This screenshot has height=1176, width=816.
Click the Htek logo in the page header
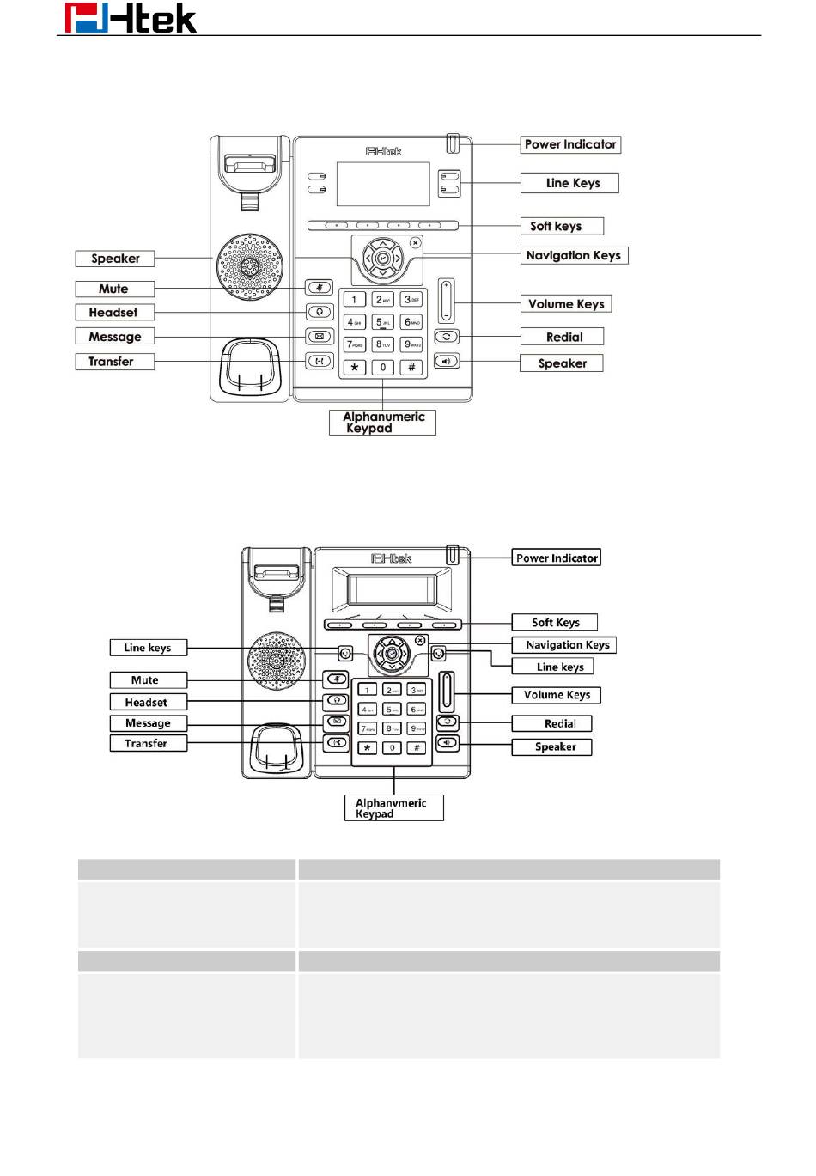tap(131, 18)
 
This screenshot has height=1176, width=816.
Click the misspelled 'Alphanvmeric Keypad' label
tap(393, 807)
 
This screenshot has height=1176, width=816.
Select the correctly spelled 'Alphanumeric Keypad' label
tap(382, 422)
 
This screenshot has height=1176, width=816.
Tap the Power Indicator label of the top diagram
tap(570, 144)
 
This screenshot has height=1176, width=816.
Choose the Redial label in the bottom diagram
tap(559, 723)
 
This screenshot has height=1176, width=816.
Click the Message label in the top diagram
tap(114, 337)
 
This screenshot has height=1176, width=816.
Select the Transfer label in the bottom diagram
tap(148, 743)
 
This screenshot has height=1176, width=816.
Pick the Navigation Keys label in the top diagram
tap(574, 255)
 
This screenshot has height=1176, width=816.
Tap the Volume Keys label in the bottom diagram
tap(557, 695)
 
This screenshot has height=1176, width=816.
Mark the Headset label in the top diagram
tap(113, 313)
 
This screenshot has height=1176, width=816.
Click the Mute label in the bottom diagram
tap(147, 679)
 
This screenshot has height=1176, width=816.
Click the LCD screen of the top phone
tap(382, 183)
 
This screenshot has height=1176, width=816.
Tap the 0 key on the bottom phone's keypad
tap(393, 748)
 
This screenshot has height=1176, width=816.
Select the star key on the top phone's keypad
tap(354, 367)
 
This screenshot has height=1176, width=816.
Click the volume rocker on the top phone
tap(446, 301)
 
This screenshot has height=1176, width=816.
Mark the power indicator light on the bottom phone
tap(452, 555)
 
